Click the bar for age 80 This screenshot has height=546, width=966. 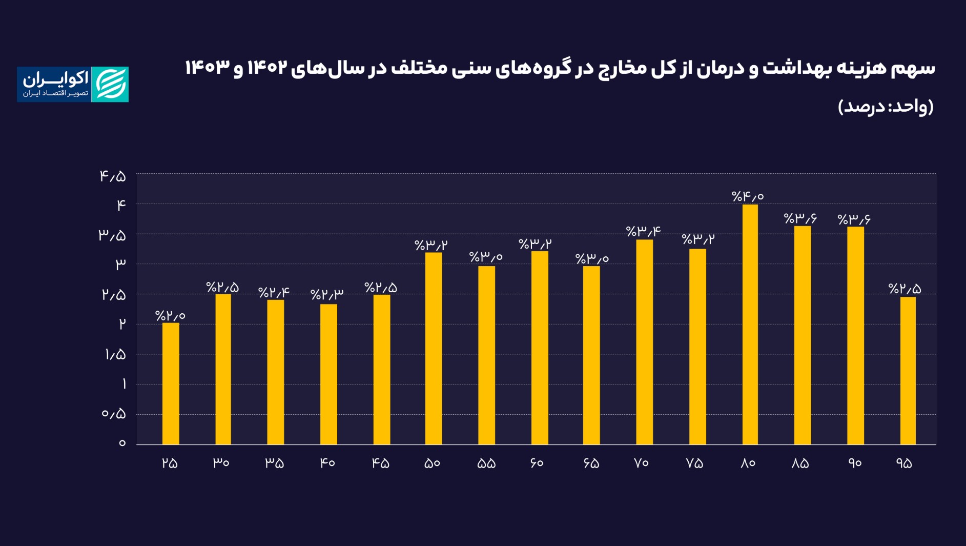click(x=750, y=324)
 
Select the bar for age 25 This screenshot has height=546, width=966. click(x=171, y=383)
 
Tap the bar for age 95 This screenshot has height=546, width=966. click(x=908, y=370)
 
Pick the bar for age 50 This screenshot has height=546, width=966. click(x=434, y=348)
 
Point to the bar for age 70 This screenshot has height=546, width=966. click(x=644, y=342)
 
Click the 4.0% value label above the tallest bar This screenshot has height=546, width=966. click(x=748, y=196)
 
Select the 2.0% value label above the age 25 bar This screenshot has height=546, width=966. click(x=170, y=315)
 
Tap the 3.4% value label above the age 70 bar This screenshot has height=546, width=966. click(x=643, y=231)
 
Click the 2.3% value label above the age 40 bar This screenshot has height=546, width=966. click(x=326, y=294)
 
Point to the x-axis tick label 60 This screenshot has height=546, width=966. click(x=537, y=463)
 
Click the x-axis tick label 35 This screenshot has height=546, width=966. click(x=274, y=463)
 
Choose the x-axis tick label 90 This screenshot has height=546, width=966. click(x=854, y=463)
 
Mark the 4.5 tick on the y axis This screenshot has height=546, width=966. click(x=113, y=176)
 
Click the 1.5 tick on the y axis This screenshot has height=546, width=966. click(x=115, y=354)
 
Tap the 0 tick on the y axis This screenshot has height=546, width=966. click(x=122, y=443)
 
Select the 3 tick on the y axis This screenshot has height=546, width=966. click(x=120, y=265)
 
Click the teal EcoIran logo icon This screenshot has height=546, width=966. click(x=110, y=85)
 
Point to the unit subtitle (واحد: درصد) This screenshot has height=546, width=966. click(x=886, y=107)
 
